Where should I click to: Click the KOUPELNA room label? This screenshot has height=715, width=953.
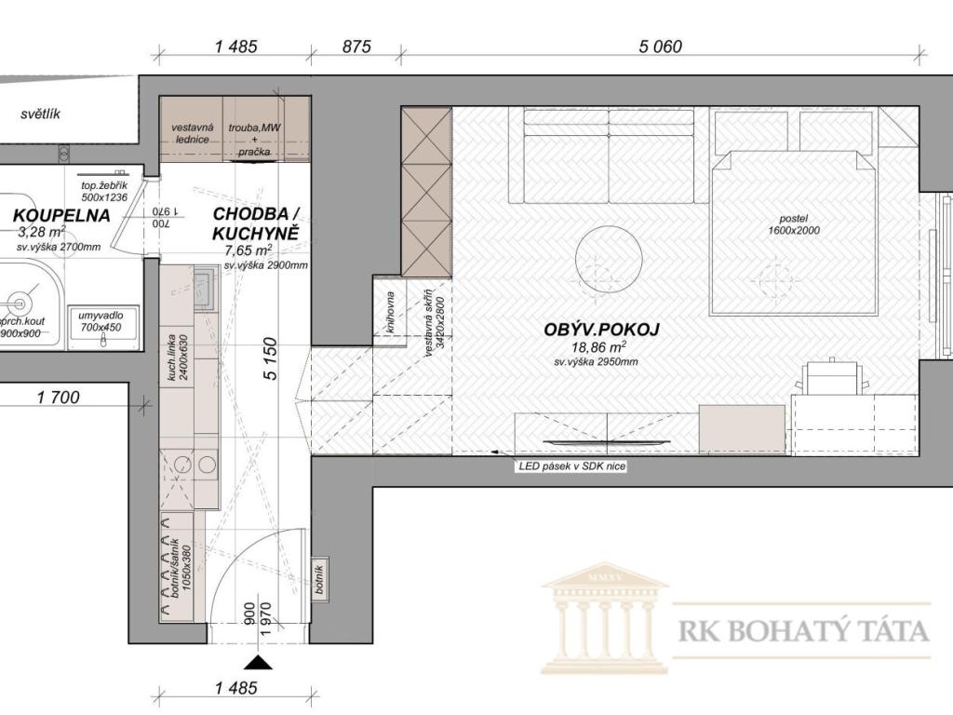click(x=61, y=215)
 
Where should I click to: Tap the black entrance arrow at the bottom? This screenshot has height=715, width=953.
click(x=259, y=662)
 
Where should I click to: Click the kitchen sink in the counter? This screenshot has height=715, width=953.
click(x=205, y=290)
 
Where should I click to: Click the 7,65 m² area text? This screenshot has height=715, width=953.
click(x=248, y=250)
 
